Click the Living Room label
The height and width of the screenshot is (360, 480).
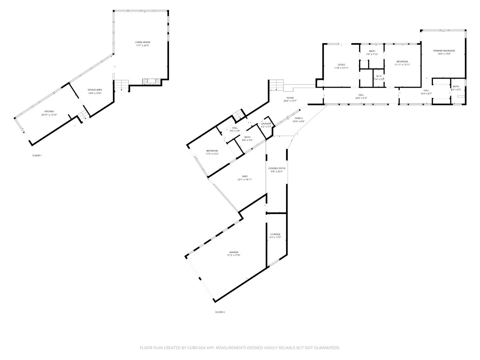click(142, 42)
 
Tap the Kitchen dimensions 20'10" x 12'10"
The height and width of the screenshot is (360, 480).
click(49, 115)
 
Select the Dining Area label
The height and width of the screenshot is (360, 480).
click(95, 90)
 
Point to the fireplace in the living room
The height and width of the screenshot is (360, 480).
click(151, 81)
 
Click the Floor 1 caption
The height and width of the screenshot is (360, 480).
click(37, 156)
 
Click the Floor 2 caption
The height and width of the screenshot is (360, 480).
click(220, 312)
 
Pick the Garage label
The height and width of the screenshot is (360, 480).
click(234, 252)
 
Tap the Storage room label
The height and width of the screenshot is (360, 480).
click(275, 234)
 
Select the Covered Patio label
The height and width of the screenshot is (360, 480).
click(277, 168)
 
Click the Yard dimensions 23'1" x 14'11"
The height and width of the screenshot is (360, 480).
click(245, 180)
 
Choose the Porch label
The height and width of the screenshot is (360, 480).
click(299, 118)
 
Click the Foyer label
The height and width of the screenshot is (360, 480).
click(290, 98)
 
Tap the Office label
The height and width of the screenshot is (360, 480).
click(341, 65)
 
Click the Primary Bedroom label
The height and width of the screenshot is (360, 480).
click(444, 51)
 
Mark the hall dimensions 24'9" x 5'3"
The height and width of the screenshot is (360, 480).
click(361, 98)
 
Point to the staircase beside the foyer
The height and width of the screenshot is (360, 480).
click(276, 85)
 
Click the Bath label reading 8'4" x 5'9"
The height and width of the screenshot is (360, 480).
click(247, 137)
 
